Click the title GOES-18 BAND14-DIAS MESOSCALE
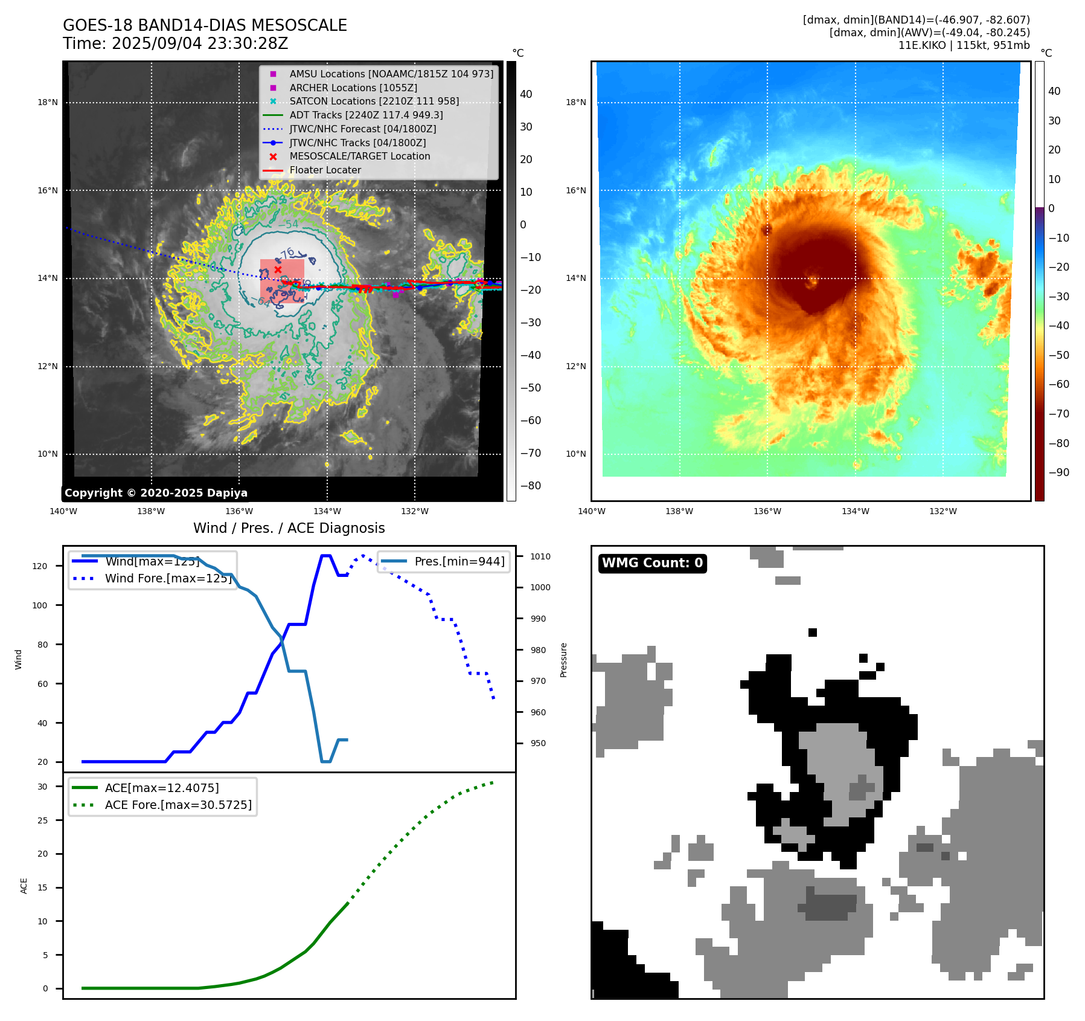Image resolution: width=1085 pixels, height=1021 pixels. pos(205,25)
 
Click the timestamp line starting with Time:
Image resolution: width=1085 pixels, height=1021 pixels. pos(175,43)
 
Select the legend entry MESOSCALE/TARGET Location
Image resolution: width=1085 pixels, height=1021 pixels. pos(359,156)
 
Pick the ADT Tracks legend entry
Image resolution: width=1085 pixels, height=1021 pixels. pos(366,115)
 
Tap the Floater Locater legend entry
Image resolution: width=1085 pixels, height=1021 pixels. pos(325,170)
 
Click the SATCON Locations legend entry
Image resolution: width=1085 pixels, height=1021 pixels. pos(374,101)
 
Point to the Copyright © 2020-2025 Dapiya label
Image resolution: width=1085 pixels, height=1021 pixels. pos(156,493)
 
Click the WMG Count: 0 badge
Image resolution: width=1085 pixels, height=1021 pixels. pos(652,563)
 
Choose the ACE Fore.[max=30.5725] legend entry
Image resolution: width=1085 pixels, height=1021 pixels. pos(178,805)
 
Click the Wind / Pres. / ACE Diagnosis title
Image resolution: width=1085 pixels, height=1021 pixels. pos(289,528)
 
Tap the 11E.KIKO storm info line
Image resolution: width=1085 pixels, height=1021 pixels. pos(964,45)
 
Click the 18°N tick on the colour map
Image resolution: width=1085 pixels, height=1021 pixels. pos(575,103)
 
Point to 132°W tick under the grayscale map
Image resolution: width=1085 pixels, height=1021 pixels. pos(415,511)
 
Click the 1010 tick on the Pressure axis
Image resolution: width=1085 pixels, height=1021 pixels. pos(540,556)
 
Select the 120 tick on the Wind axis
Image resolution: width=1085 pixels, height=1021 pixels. pos(39,566)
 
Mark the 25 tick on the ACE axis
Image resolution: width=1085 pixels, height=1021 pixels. pos(42,820)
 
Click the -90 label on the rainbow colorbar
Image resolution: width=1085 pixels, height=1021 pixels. pos(1058,472)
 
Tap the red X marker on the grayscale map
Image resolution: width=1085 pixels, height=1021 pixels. pos(278,269)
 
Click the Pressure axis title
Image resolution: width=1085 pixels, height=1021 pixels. pos(563,660)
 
